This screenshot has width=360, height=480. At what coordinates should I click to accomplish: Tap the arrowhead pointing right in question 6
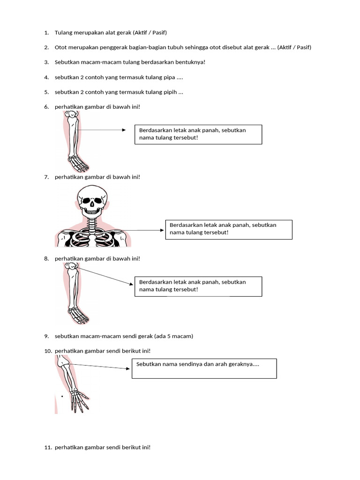coord(124,130)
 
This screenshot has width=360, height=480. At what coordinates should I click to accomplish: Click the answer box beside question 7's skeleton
coord(229,230)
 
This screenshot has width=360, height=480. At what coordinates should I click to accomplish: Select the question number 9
coord(46,336)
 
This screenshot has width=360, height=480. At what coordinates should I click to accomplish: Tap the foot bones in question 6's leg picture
coord(79,164)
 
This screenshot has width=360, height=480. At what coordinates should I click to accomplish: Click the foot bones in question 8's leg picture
coord(79,315)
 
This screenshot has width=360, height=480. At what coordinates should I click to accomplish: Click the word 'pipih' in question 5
coord(170,92)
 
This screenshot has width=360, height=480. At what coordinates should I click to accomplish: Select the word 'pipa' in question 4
coord(169,78)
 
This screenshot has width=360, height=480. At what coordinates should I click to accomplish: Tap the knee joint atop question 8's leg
coord(71,267)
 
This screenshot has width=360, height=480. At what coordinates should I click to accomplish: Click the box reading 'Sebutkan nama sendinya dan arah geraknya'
coord(204,368)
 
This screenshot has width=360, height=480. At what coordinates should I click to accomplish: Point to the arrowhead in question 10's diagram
coord(128,368)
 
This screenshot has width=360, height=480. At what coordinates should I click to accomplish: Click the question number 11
coord(48,447)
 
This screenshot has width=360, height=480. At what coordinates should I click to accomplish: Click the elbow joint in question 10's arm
coord(64,362)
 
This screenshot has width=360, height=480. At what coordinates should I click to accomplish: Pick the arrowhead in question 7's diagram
coord(162,230)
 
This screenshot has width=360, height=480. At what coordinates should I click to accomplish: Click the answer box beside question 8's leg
coord(198,286)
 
